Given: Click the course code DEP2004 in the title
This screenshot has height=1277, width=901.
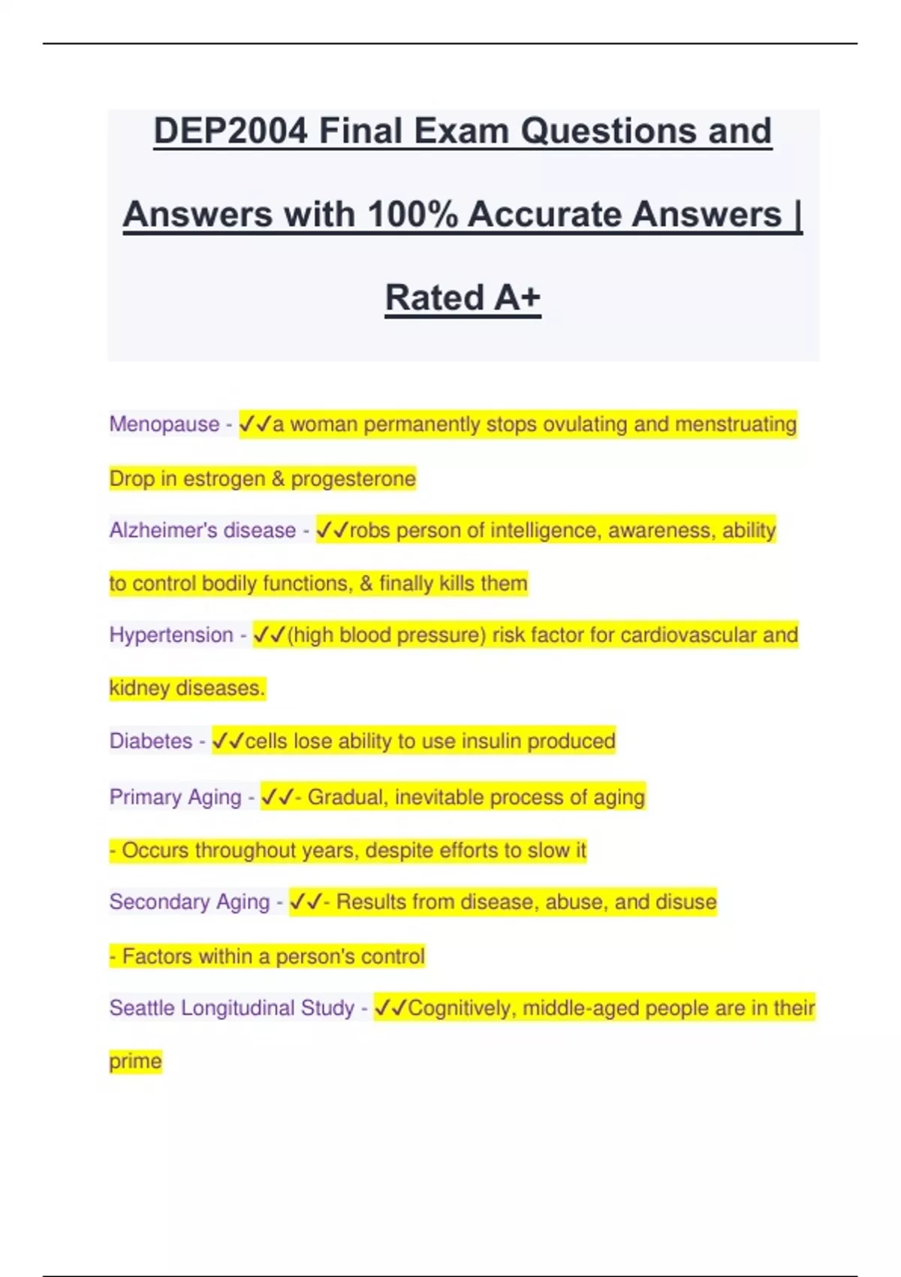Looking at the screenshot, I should click(231, 131).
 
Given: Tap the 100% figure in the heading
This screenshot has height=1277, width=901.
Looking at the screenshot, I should click(413, 214).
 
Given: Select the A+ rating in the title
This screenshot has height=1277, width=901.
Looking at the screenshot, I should click(517, 297).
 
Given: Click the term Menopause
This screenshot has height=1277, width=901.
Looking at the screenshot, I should click(164, 424).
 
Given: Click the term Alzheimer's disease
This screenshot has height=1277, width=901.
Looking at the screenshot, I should click(203, 530).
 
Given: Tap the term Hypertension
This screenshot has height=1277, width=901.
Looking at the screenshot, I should click(171, 635).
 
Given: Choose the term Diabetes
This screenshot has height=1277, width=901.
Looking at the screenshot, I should click(151, 741).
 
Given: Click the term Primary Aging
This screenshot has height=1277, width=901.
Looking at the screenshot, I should click(176, 797).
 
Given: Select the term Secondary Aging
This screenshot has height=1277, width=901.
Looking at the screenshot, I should click(189, 901).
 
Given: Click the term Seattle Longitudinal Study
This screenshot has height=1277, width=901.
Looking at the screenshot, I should click(231, 1008).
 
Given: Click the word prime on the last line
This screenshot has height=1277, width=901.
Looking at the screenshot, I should click(135, 1061).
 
